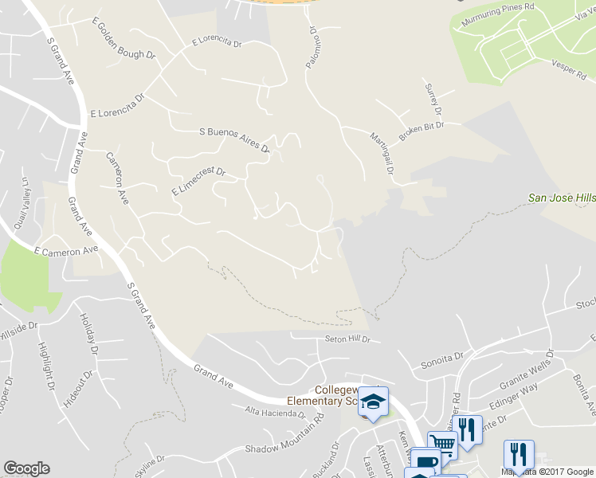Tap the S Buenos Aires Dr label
tap(234, 139)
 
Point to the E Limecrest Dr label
tap(199, 182)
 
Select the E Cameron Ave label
tap(65, 250)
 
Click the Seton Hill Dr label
tap(347, 339)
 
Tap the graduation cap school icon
tap(371, 400)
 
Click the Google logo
tap(26, 468)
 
